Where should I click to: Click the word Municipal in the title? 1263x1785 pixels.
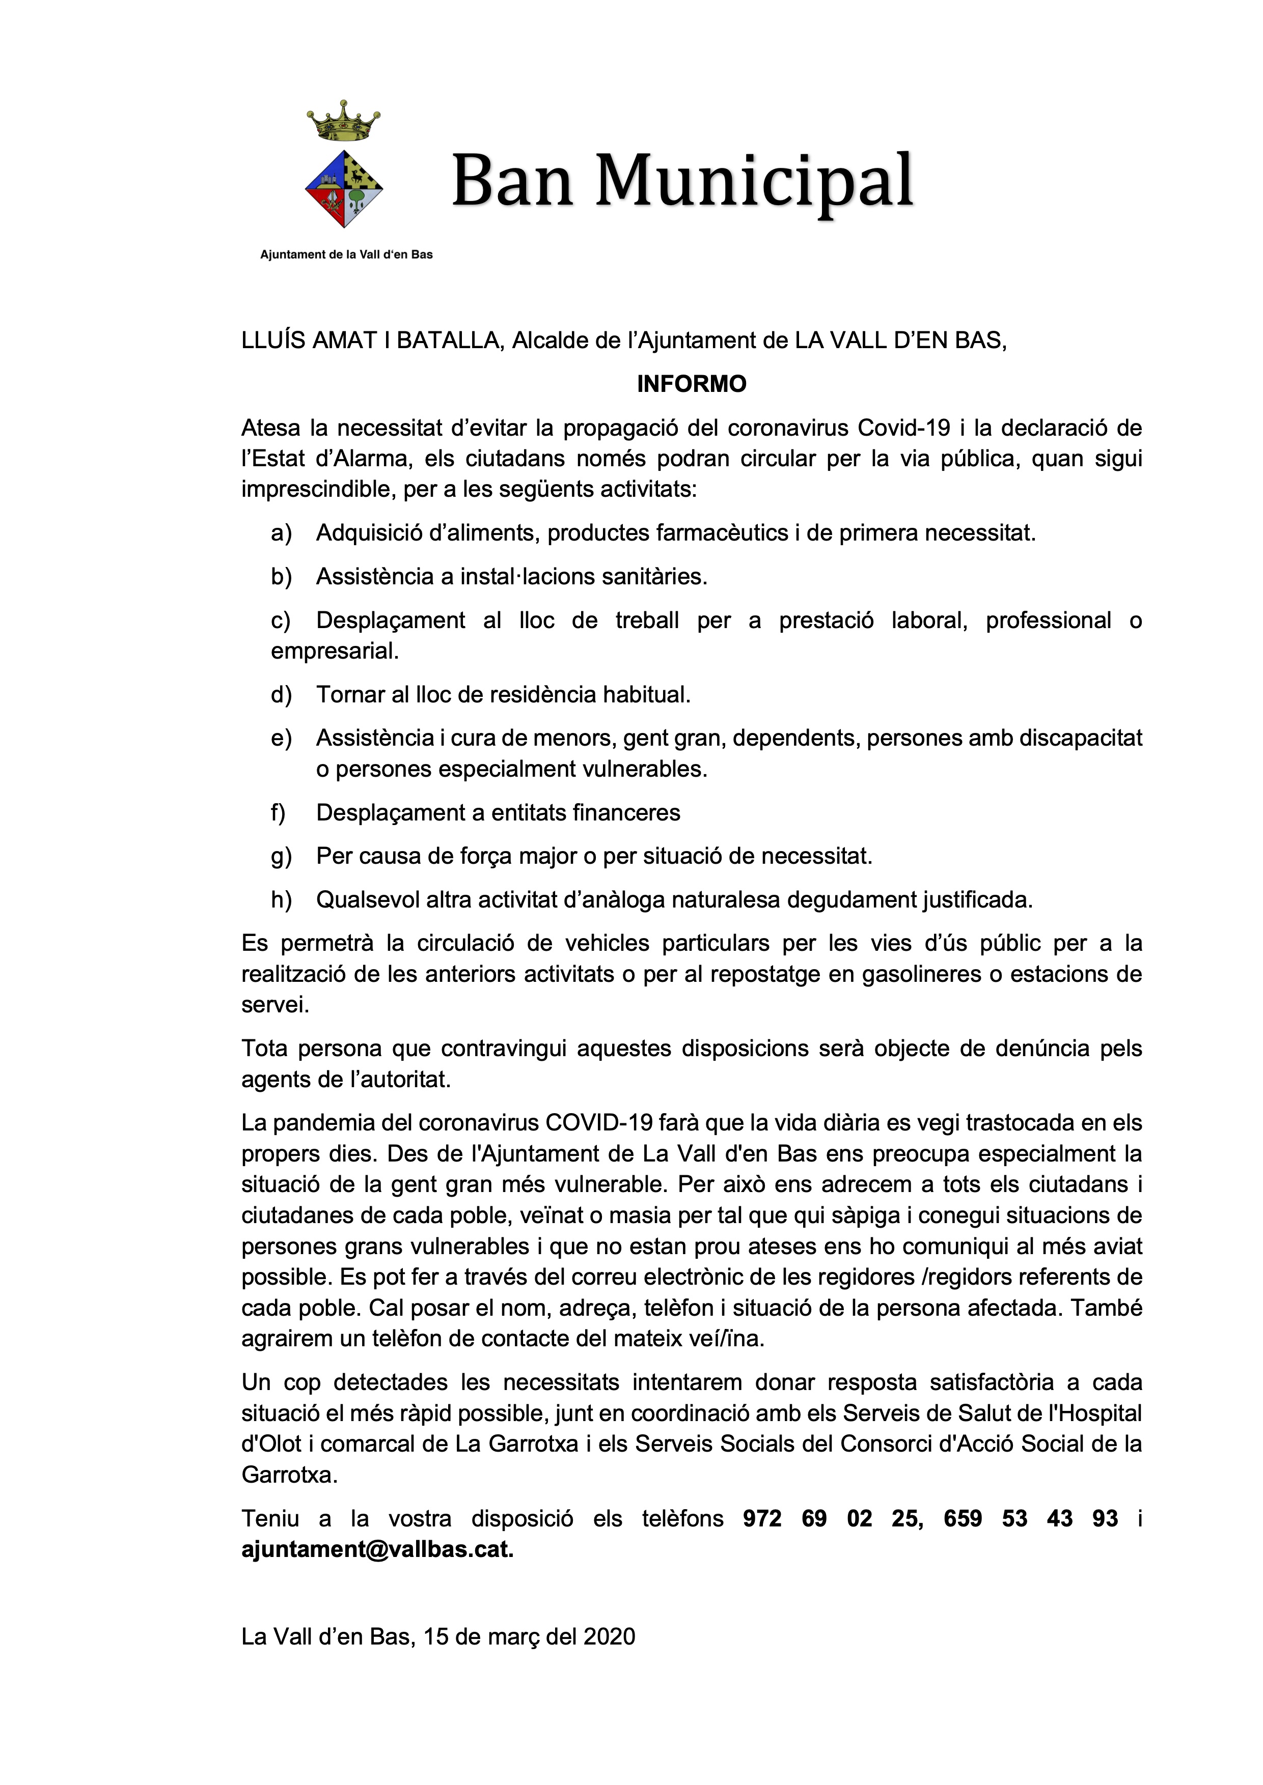point(754,181)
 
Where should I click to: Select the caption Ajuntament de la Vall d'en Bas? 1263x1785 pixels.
point(346,254)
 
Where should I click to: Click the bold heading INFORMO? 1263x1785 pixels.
point(692,384)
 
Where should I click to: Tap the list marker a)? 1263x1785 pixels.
point(281,533)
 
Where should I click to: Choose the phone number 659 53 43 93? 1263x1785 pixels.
point(1030,1518)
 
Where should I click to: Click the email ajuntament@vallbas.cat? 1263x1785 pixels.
point(377,1549)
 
